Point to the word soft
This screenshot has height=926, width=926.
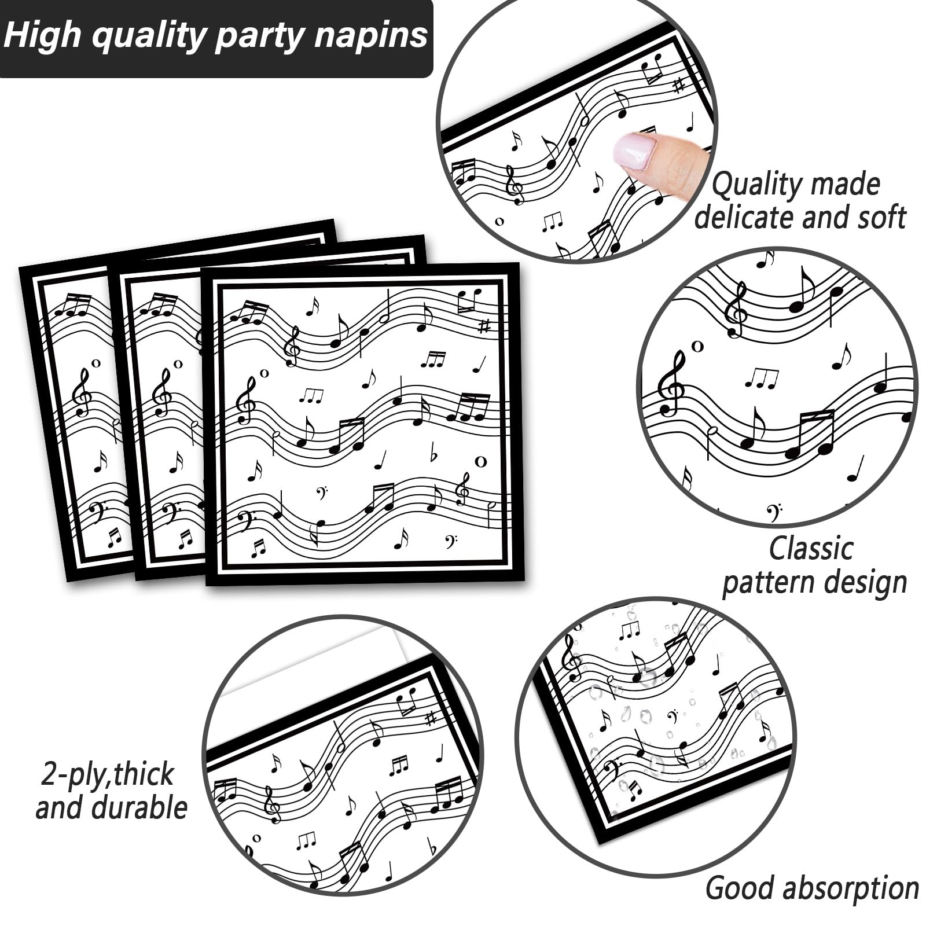877,218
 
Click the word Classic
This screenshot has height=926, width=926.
811,547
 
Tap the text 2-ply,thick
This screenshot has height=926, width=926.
108,774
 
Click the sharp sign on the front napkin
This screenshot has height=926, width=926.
484,326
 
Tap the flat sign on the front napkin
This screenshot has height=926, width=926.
433,453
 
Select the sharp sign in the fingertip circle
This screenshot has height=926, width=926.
678,86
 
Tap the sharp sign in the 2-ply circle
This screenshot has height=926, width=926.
429,719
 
